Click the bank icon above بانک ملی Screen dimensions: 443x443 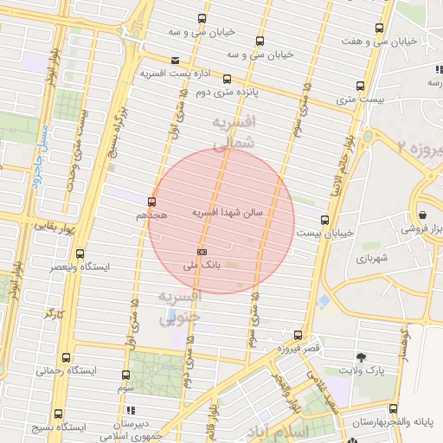[x=202, y=251]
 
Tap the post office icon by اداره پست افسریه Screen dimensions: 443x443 [x=177, y=60]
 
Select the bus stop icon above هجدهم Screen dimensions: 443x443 [x=152, y=202]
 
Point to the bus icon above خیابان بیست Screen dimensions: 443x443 [x=324, y=220]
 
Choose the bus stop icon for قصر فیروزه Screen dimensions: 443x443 [x=299, y=335]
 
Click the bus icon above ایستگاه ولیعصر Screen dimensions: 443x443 [x=80, y=254]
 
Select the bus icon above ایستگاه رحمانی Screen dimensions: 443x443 [x=67, y=357]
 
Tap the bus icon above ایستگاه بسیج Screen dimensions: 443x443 [x=58, y=414]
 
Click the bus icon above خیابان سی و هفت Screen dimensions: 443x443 [x=379, y=28]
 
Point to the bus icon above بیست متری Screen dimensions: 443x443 [x=361, y=86]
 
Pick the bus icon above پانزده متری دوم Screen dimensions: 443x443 [x=228, y=79]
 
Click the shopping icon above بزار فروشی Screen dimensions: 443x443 [x=422, y=215]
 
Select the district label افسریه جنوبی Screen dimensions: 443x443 [x=181, y=306]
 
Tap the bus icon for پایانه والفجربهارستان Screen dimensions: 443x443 [x=394, y=408]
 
